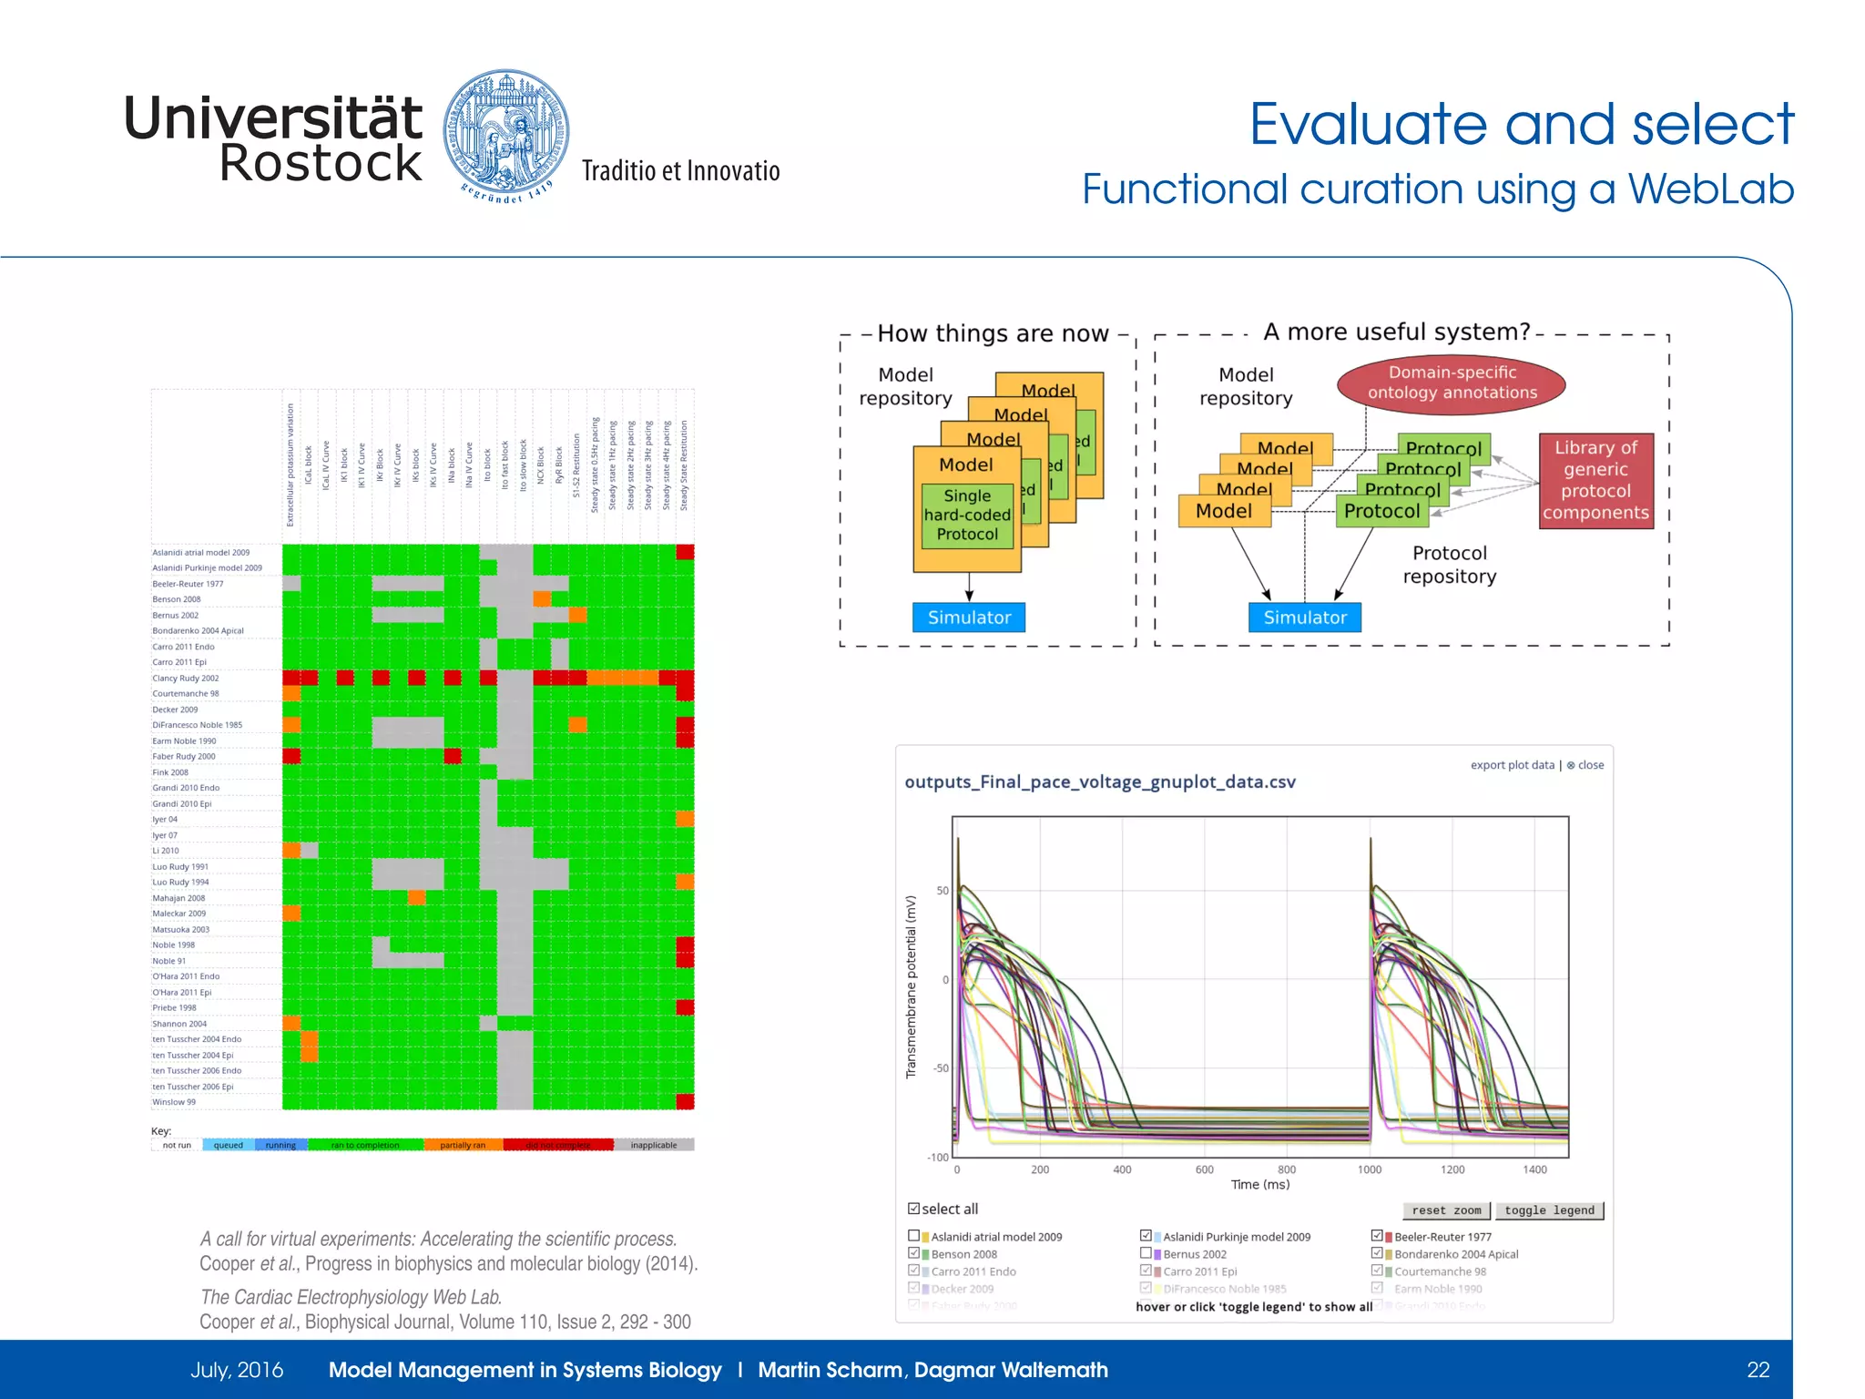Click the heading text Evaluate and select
[1520, 124]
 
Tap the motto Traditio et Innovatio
[680, 171]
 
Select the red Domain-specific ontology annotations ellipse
[1451, 383]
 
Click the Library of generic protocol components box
[1595, 480]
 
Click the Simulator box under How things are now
[968, 618]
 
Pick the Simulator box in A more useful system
[1304, 618]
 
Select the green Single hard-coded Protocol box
[967, 516]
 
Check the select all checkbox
[913, 1209]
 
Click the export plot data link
[1512, 765]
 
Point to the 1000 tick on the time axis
[1370, 1169]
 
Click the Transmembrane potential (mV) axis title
[910, 986]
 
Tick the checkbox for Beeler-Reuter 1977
[1377, 1236]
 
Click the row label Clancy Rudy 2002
[186, 678]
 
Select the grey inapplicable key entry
[653, 1145]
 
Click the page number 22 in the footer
[1758, 1370]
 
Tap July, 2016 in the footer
[237, 1370]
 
